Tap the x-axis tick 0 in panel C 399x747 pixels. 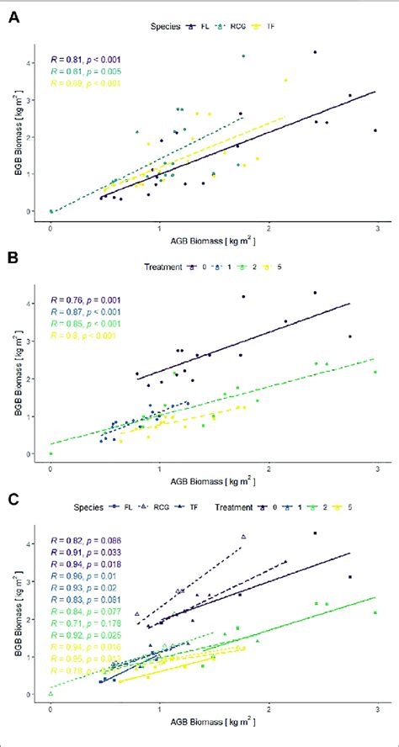tap(51, 712)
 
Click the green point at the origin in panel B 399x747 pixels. tap(51, 453)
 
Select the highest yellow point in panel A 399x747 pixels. tap(285, 80)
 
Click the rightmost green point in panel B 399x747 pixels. tap(375, 372)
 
